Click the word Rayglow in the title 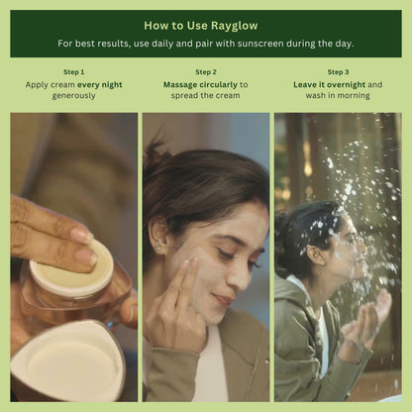[x=235, y=26]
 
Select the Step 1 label [x=74, y=72]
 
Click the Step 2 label [x=206, y=72]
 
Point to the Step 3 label [x=338, y=72]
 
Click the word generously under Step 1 [x=73, y=96]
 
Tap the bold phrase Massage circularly [x=200, y=85]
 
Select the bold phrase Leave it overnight [x=330, y=85]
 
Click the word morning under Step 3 [x=354, y=96]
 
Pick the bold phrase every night [x=100, y=85]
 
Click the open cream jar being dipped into [x=74, y=284]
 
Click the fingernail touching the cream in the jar [x=86, y=257]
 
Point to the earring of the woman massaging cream [x=157, y=246]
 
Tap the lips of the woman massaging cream [x=223, y=299]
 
